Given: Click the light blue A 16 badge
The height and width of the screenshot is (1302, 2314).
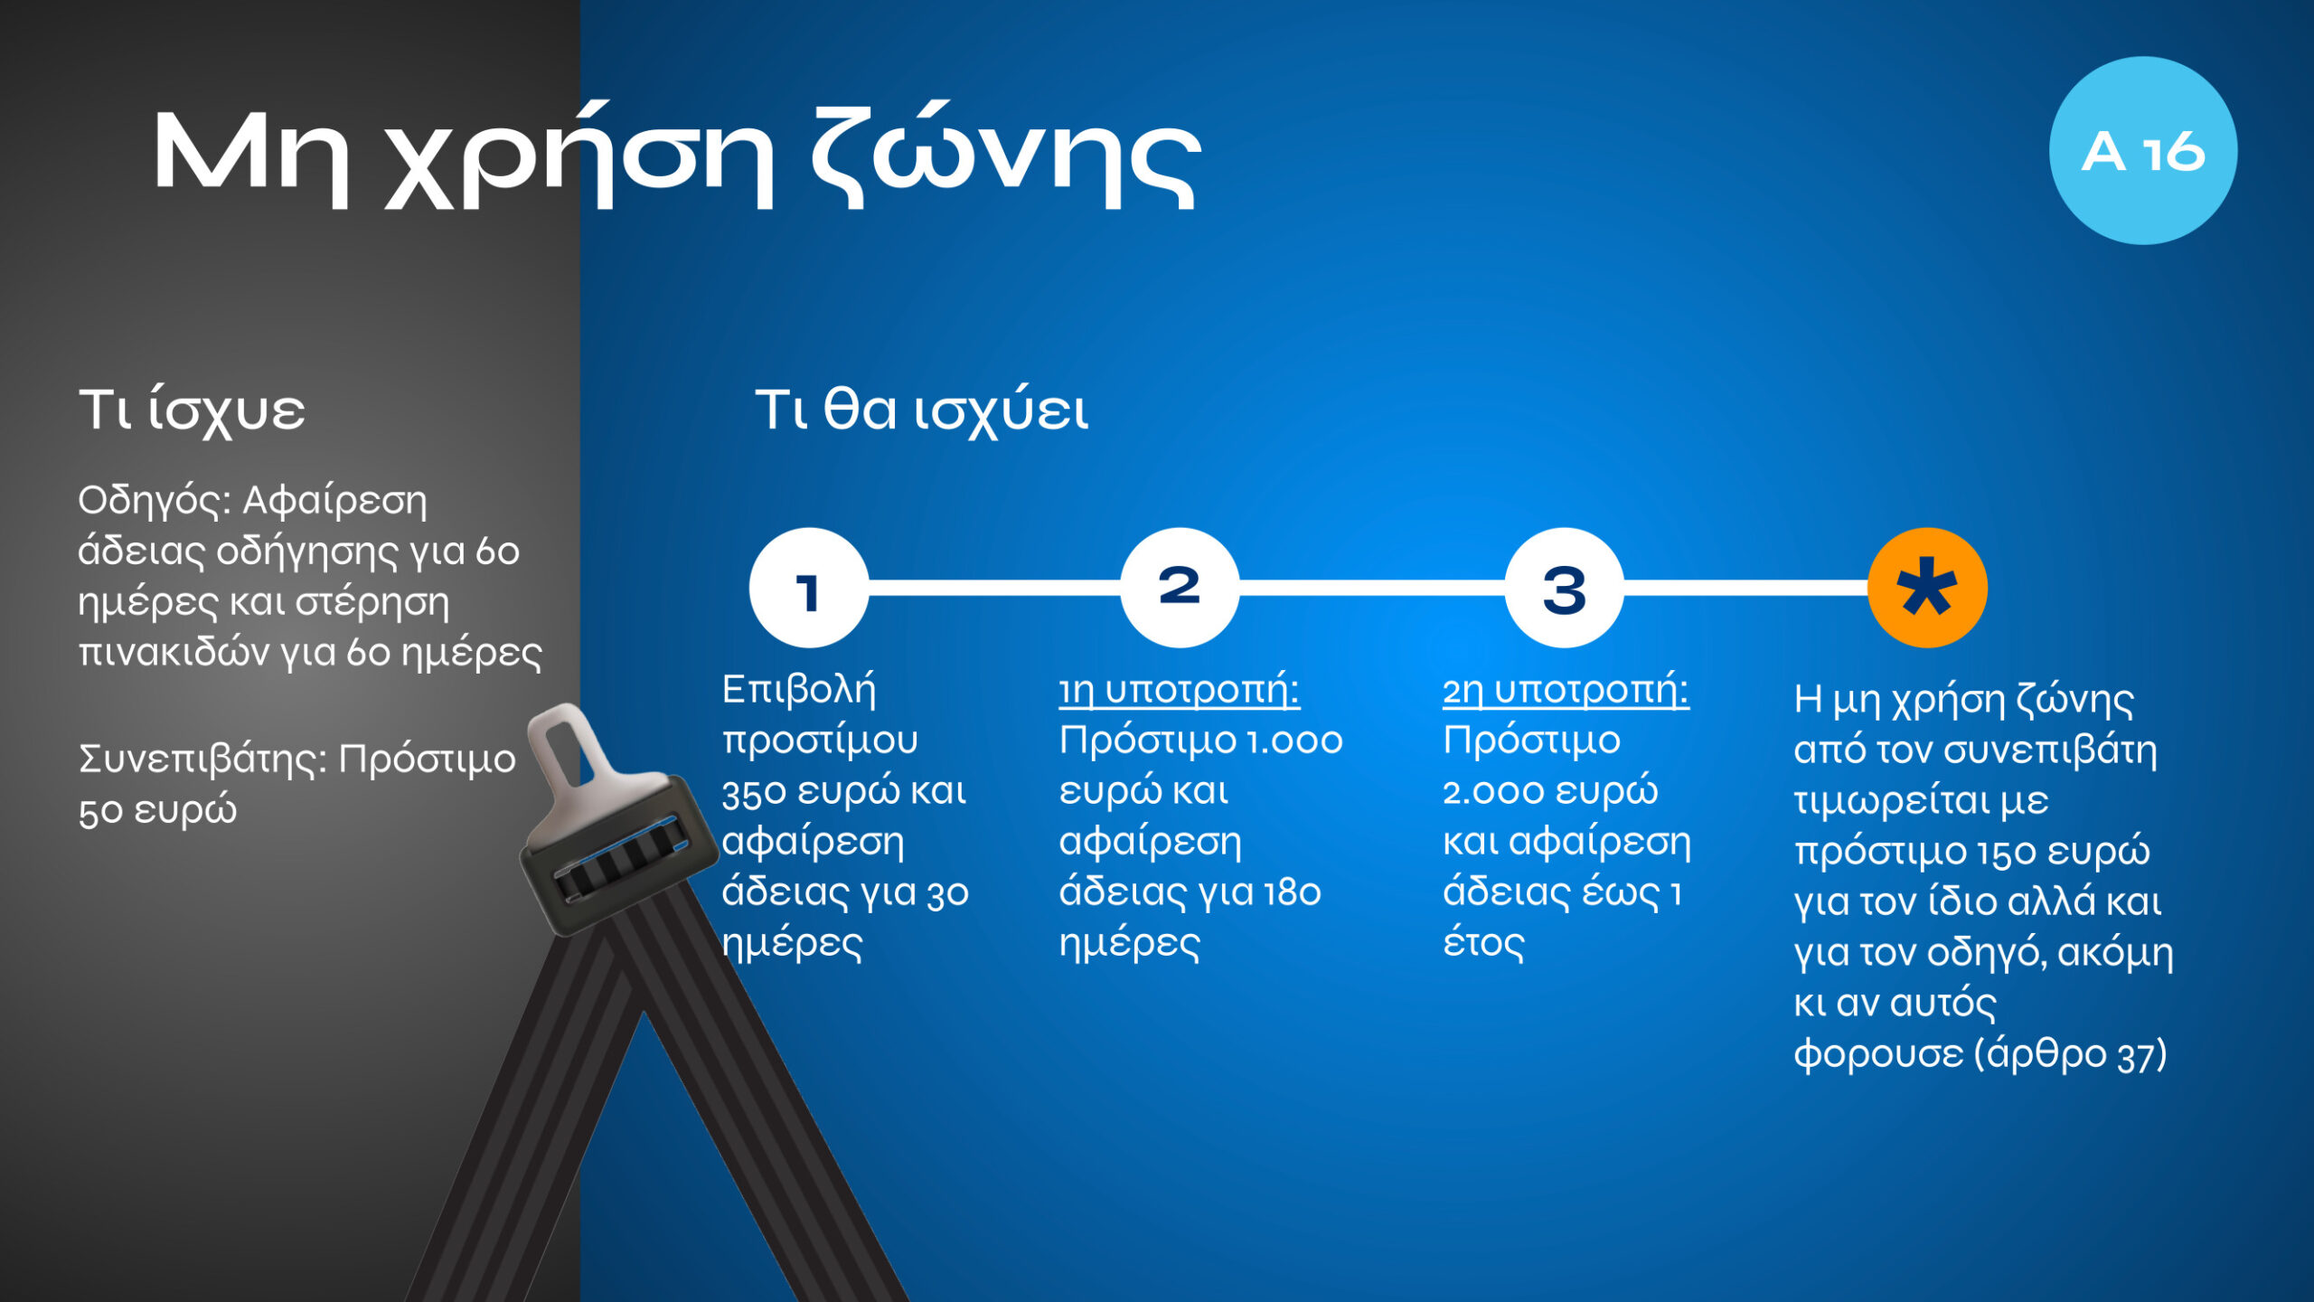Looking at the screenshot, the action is tap(2142, 150).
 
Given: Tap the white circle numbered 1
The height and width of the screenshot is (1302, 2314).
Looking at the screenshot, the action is tap(809, 588).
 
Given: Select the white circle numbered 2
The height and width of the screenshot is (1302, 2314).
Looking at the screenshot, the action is tap(1180, 588).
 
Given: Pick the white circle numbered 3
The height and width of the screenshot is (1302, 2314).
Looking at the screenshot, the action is tap(1565, 588).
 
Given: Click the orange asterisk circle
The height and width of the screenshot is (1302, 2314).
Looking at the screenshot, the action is tap(1927, 588).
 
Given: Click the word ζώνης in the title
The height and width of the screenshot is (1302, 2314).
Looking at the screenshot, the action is tap(1005, 156).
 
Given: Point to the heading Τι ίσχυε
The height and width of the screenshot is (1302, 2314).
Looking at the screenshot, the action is tap(192, 411).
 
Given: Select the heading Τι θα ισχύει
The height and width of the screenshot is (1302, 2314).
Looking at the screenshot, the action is tap(921, 411).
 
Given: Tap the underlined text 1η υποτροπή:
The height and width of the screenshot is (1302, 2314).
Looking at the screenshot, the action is tap(1179, 690).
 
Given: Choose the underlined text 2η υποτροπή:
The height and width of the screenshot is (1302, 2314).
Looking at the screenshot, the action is tap(1566, 690).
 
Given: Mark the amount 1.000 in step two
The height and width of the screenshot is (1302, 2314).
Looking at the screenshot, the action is tap(1293, 741).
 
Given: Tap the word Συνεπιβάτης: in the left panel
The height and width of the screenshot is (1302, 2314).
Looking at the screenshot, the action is tap(203, 759).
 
